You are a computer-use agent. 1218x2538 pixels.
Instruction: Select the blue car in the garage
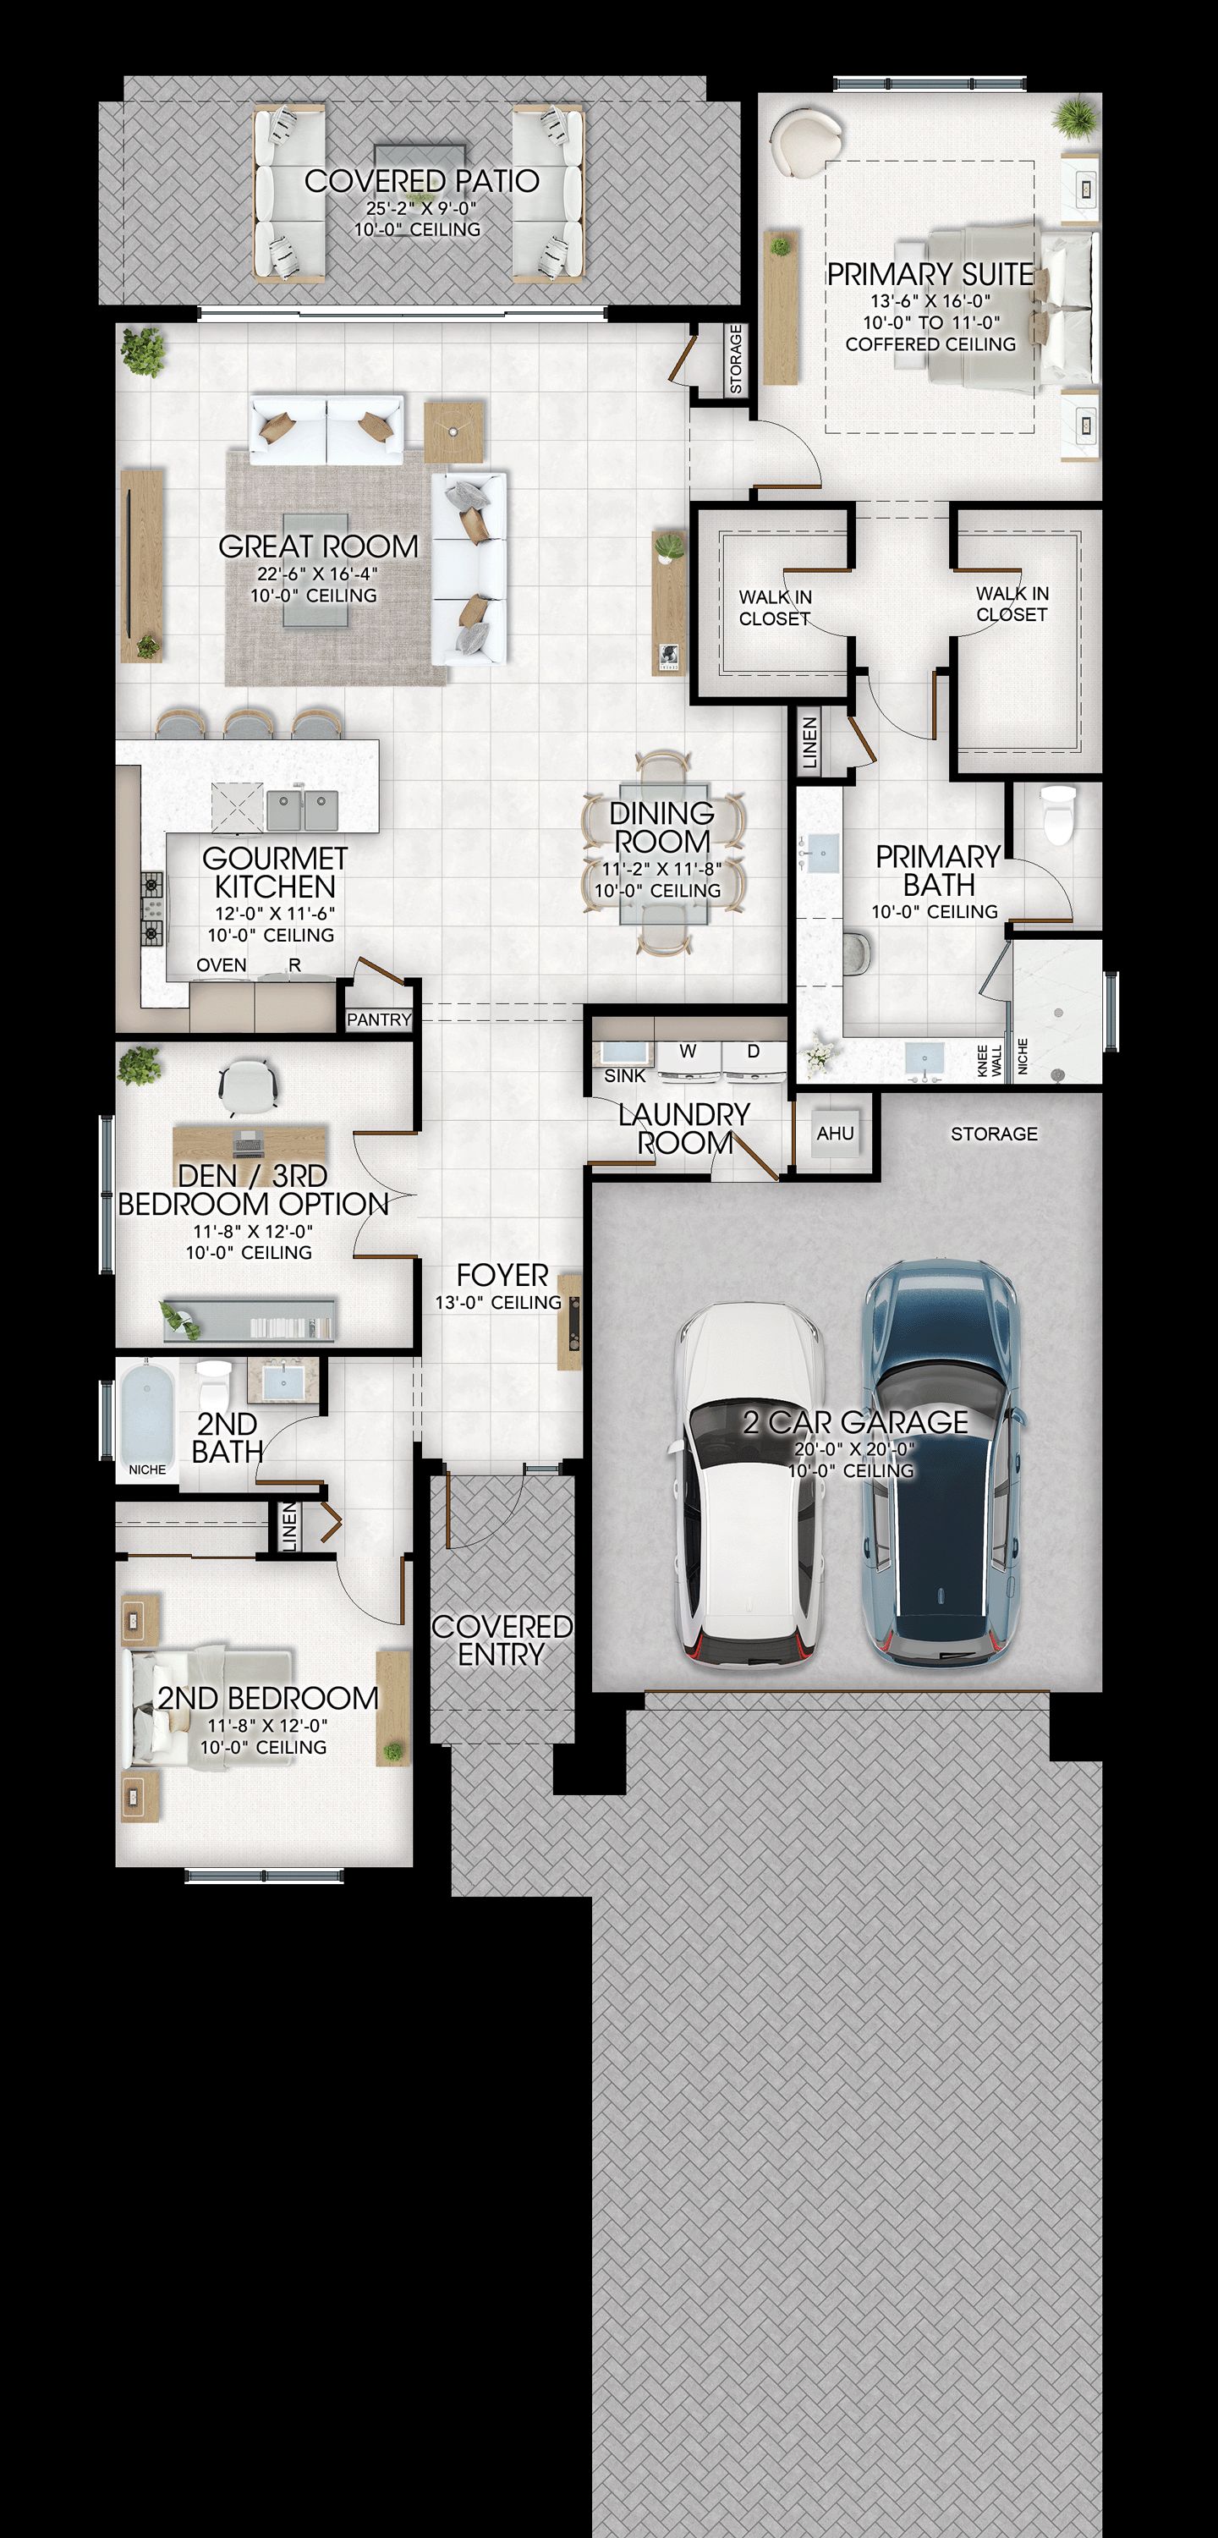point(941,1463)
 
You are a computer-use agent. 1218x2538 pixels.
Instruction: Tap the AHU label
point(835,1133)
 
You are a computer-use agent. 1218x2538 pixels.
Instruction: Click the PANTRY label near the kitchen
point(378,1019)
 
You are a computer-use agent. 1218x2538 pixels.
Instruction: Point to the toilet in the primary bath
point(1058,815)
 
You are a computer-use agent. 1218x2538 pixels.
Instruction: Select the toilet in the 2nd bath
point(211,1385)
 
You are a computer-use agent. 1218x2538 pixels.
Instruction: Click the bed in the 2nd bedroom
point(207,1707)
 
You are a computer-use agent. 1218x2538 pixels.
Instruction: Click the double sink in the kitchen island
point(303,810)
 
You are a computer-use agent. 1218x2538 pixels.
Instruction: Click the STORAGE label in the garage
point(993,1134)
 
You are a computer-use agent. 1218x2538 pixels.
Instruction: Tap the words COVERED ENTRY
point(502,1640)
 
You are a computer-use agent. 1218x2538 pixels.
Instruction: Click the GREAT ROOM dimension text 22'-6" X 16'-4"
point(318,574)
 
